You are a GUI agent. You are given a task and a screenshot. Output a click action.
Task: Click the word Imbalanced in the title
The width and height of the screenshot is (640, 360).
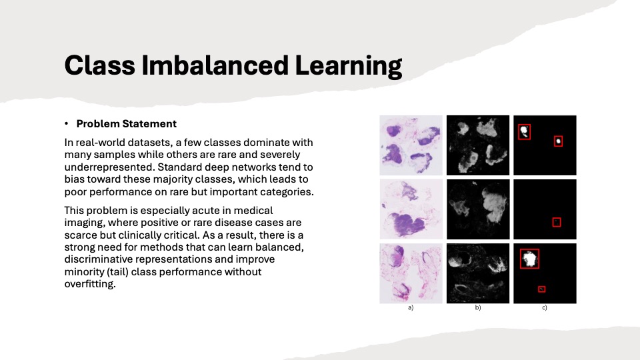point(215,65)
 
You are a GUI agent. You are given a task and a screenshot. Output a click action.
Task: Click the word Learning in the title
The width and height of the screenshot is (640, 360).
point(349,67)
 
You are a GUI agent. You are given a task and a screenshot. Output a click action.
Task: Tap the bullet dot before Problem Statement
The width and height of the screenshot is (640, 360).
point(66,123)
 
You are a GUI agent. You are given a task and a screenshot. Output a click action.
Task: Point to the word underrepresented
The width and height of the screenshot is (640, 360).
point(109,167)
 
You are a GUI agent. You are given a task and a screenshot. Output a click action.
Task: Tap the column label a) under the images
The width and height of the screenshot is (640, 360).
point(411,308)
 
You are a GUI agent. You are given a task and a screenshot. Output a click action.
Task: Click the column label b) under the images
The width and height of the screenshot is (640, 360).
point(477,308)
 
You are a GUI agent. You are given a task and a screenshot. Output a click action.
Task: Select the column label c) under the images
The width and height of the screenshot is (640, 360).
point(545,308)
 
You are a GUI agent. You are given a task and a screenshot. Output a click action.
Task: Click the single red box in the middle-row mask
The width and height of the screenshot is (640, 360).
point(556,218)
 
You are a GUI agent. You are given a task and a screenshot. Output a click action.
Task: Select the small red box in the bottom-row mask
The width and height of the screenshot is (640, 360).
point(541,286)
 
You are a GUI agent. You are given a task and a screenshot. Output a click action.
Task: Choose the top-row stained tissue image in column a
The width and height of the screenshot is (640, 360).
point(411,145)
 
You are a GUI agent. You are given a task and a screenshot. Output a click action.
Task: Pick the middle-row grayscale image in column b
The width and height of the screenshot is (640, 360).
point(478,209)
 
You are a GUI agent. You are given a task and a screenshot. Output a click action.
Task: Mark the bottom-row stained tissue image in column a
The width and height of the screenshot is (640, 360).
point(411,273)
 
